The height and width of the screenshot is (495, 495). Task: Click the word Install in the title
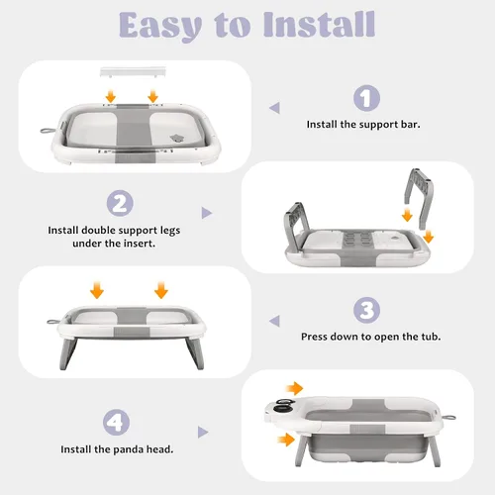pyautogui.click(x=319, y=24)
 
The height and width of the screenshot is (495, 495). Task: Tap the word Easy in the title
pyautogui.click(x=160, y=27)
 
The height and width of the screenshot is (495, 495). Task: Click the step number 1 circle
pyautogui.click(x=366, y=98)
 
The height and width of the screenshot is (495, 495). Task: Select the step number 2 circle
pyautogui.click(x=120, y=203)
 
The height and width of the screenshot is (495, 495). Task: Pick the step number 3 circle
pyautogui.click(x=366, y=310)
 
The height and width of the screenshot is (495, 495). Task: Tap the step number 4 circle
pyautogui.click(x=116, y=422)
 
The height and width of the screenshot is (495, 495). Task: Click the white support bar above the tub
pyautogui.click(x=133, y=71)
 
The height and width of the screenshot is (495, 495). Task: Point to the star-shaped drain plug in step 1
pyautogui.click(x=176, y=139)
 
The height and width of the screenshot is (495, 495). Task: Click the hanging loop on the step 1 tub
pyautogui.click(x=47, y=131)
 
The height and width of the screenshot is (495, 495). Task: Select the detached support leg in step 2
pyautogui.click(x=419, y=198)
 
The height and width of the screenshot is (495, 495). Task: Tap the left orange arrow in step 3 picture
pyautogui.click(x=97, y=290)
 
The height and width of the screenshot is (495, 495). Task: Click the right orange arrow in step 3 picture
pyautogui.click(x=161, y=290)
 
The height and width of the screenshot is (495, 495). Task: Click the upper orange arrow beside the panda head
pyautogui.click(x=295, y=388)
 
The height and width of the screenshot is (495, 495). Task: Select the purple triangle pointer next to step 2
pyautogui.click(x=206, y=213)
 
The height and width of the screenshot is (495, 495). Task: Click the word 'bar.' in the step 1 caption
pyautogui.click(x=411, y=125)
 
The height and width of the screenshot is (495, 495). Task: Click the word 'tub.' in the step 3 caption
pyautogui.click(x=431, y=337)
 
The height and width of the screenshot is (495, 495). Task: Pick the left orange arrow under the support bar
pyautogui.click(x=111, y=96)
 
